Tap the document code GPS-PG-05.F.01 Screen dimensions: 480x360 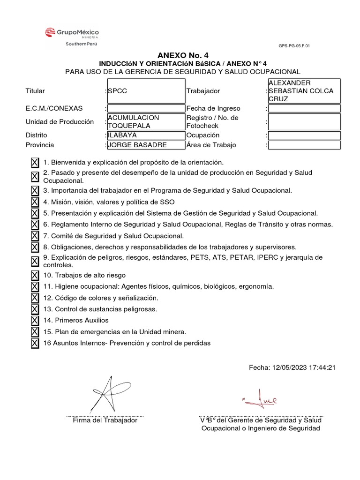pyautogui.click(x=294, y=46)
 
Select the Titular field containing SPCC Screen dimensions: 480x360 pyautogui.click(x=146, y=91)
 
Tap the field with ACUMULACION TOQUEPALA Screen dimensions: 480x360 pyautogui.click(x=146, y=122)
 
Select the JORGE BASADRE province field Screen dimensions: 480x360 pyautogui.click(x=146, y=145)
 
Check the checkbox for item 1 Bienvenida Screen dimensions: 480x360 pyautogui.click(x=35, y=163)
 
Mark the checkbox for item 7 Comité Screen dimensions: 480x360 pyautogui.click(x=35, y=236)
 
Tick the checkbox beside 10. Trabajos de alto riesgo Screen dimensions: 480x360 pyautogui.click(x=35, y=275)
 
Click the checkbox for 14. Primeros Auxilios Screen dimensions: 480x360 pyautogui.click(x=35, y=321)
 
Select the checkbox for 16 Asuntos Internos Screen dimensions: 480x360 pyautogui.click(x=35, y=343)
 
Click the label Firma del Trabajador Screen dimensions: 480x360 pyautogui.click(x=105, y=420)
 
